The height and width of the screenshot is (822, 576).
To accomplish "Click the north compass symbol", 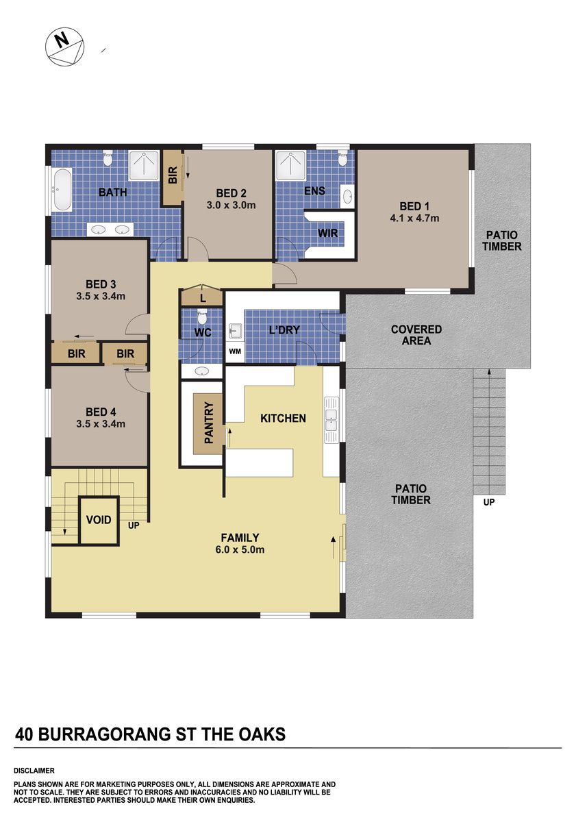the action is tap(64, 47).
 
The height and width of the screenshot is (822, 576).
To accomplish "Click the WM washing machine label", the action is tap(235, 351).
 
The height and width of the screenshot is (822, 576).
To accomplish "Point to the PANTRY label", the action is tap(208, 423).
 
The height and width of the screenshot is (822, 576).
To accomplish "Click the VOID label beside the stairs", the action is tap(99, 520).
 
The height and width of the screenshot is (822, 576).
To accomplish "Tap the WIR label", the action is tap(327, 233).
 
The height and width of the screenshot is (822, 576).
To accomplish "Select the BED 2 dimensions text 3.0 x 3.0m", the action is tap(231, 205).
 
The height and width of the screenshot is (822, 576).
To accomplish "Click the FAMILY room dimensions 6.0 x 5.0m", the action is tap(240, 549).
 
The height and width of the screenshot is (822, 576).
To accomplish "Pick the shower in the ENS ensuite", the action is tap(290, 165).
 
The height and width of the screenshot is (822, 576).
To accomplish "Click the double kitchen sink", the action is tap(331, 419).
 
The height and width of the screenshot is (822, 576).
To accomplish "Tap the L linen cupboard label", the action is tap(203, 299).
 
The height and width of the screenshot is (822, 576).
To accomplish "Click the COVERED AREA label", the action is tap(416, 335).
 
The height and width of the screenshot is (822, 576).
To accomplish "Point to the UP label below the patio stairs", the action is tap(489, 502).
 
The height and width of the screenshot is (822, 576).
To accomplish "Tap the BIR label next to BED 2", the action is tap(173, 175).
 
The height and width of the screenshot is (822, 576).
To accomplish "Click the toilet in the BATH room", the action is tap(108, 158).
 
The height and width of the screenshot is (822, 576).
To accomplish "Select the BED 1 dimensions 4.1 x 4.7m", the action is tap(414, 218).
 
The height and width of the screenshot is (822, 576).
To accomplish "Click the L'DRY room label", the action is tap(284, 329).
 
